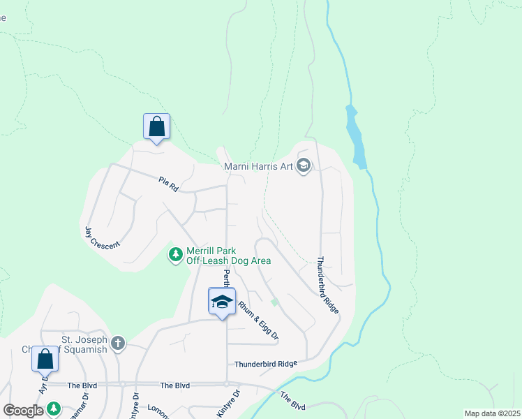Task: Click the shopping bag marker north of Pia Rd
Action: point(156,127)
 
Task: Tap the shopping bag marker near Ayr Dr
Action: point(45,359)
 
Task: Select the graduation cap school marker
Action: point(222,302)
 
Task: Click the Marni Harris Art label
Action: point(258,166)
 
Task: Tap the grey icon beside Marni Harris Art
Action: point(303,166)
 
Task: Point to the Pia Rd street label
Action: point(169,184)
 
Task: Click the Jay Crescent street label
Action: point(102,238)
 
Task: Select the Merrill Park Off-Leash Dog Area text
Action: point(228,256)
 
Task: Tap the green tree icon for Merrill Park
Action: point(175,256)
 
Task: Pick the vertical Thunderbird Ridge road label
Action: point(327,285)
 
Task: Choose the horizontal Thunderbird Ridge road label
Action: point(266,364)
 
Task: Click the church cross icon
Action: point(119,343)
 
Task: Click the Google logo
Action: point(24,411)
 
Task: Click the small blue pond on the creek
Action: point(356,135)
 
